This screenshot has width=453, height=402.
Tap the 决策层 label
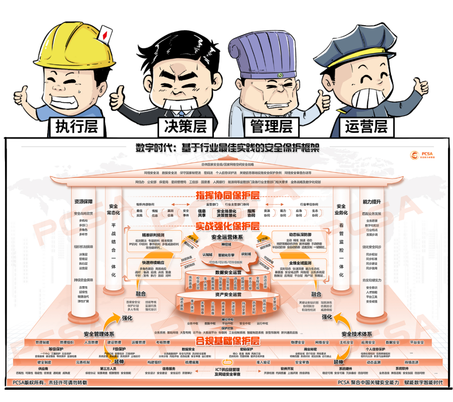coord(185,125)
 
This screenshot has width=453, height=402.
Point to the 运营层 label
coord(367,125)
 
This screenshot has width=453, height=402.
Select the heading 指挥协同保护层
coord(227,195)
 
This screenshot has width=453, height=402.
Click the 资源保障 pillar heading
coord(83,201)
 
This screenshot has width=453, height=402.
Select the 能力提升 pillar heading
coord(372,201)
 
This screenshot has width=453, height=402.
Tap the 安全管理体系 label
coord(99,334)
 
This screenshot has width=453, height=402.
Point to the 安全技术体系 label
coord(357,334)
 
